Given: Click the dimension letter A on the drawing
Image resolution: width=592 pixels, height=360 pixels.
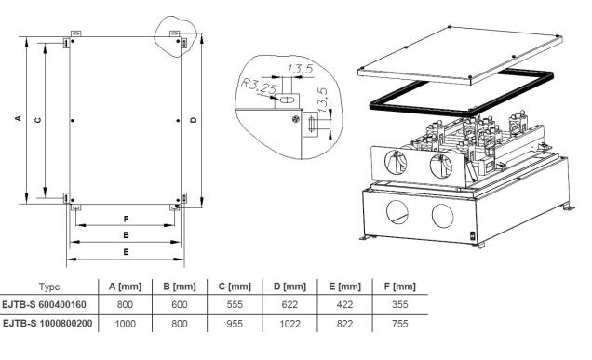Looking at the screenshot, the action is tap(18, 118).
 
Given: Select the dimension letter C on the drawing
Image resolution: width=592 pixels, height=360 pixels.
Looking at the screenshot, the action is tap(37, 120).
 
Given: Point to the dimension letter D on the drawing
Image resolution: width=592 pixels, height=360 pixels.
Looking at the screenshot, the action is tap(194, 120).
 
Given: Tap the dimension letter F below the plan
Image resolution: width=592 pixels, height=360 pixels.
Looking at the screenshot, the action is tap(126, 219).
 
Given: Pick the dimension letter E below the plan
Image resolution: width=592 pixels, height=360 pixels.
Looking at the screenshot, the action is tap(126, 252).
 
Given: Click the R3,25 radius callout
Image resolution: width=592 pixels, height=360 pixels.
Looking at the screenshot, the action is tap(259, 86).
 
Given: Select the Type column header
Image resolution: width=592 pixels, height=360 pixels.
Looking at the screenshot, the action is tap(49, 287).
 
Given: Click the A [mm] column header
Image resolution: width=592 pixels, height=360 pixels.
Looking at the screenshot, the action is tap(125, 287).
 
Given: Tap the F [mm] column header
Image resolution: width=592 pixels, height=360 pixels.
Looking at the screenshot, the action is tap(400, 287).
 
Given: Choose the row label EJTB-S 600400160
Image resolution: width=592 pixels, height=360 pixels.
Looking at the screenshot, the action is tap(44, 304).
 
